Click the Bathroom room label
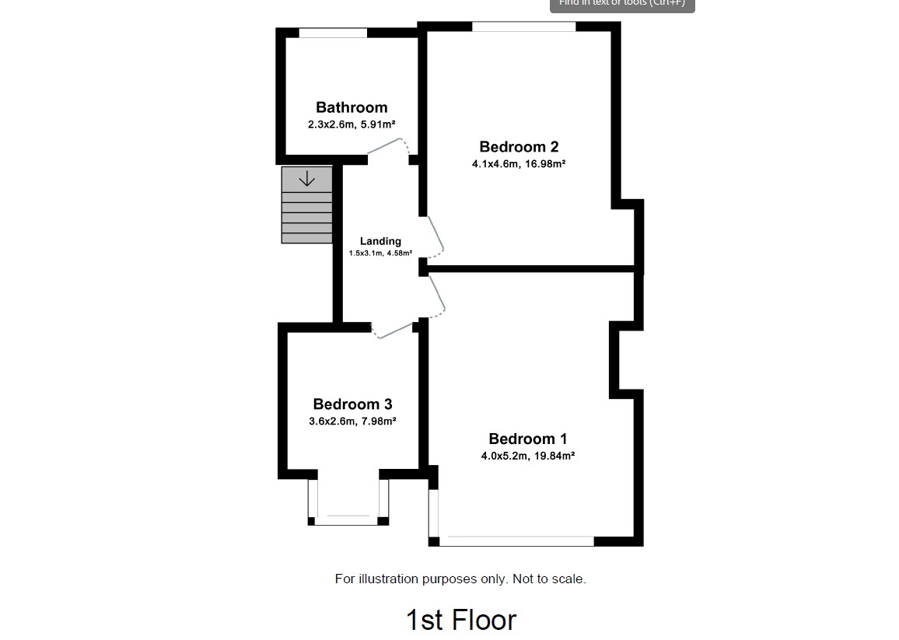(x=351, y=107)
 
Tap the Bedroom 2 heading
(x=519, y=146)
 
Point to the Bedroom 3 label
(x=352, y=404)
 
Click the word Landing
(x=380, y=241)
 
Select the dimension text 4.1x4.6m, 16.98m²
(x=518, y=164)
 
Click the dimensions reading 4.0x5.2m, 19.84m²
(x=527, y=456)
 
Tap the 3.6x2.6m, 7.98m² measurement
(x=352, y=421)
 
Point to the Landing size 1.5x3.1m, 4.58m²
(x=380, y=254)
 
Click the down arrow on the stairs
(x=306, y=179)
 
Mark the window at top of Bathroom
(x=333, y=33)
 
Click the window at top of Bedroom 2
(x=523, y=27)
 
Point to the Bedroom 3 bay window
(x=348, y=519)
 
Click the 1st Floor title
(x=460, y=620)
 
